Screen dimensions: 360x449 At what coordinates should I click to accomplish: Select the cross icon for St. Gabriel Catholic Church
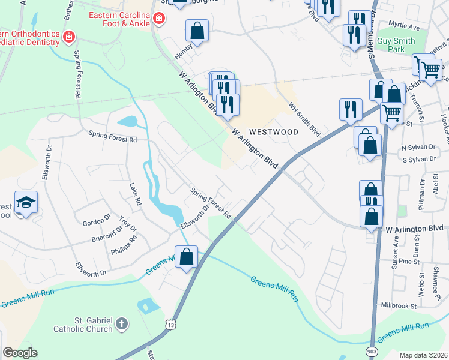[x=122, y=324]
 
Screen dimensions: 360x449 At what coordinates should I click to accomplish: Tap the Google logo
[x=20, y=353]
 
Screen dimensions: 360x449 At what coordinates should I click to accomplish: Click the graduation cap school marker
[x=26, y=203]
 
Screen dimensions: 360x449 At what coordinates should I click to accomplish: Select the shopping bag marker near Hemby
[x=197, y=30]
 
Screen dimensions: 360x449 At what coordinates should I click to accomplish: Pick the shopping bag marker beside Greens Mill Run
[x=187, y=257]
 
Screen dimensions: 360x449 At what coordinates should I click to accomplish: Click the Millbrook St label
[x=397, y=305]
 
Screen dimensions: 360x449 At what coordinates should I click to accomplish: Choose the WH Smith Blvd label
[x=304, y=118]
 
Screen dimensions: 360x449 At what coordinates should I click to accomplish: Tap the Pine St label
[x=408, y=262]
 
